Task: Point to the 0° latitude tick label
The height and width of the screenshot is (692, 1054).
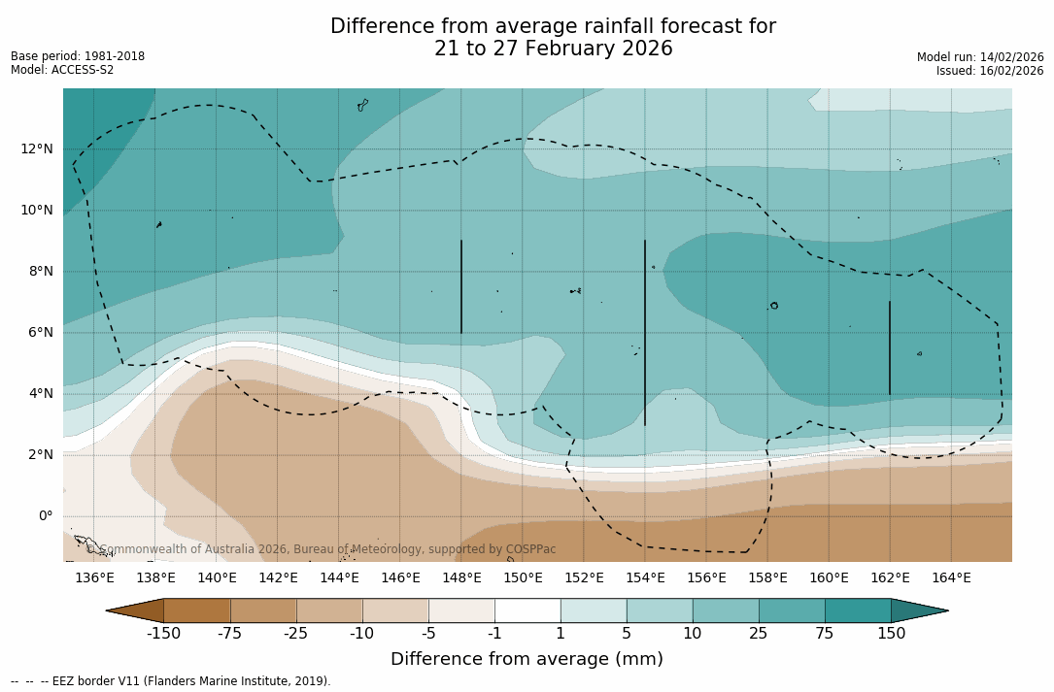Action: (x=45, y=515)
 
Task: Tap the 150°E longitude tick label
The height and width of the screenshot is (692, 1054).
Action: (x=523, y=577)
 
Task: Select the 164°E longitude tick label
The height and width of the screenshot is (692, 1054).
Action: (x=951, y=577)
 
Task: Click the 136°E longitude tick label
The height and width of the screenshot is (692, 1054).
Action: (x=94, y=577)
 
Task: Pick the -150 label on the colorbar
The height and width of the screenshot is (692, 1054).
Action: (x=163, y=634)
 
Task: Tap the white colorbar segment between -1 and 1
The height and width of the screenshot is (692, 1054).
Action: (x=527, y=610)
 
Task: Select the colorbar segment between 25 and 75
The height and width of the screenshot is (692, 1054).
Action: (x=792, y=610)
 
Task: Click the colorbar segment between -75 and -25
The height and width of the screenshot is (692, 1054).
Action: (x=263, y=610)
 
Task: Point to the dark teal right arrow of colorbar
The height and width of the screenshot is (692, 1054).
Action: (x=918, y=610)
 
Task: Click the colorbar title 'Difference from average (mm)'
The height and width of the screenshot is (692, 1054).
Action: (x=527, y=659)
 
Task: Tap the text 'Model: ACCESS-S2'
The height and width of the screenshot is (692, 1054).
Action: (x=62, y=70)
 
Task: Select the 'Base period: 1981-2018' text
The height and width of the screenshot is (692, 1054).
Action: (x=78, y=56)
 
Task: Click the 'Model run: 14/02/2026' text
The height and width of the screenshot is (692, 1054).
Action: (x=980, y=57)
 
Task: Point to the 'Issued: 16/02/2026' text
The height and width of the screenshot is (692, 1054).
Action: (x=990, y=71)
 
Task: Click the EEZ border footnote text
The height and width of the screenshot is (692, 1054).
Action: (x=171, y=681)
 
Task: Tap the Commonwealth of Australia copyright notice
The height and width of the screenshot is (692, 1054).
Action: (x=322, y=549)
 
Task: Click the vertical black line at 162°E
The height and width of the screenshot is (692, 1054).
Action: (x=890, y=347)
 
